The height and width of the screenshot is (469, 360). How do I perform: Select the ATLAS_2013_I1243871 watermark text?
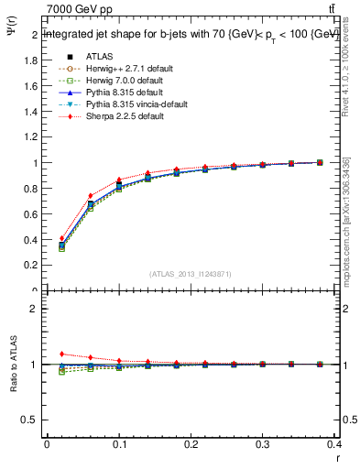pyautogui.click(x=191, y=275)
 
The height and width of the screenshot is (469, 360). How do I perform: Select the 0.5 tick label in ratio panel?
pyautogui.click(x=30, y=420)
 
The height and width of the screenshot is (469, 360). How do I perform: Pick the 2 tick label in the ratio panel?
pyautogui.click(x=35, y=310)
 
